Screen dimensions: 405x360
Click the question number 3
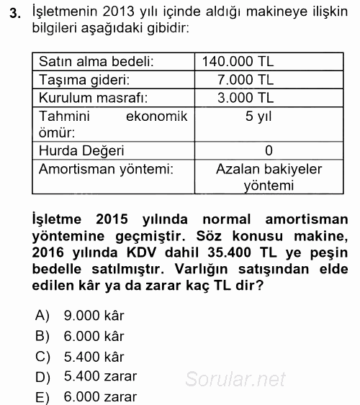12,12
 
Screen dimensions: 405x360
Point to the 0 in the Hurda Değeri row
268,151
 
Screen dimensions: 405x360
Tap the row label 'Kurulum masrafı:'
93,98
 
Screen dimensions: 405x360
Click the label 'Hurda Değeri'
81,151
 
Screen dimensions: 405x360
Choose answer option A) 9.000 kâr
81,316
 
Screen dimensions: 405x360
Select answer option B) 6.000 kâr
81,336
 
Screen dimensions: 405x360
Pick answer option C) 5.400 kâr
81,356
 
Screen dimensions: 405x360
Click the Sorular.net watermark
235,379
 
